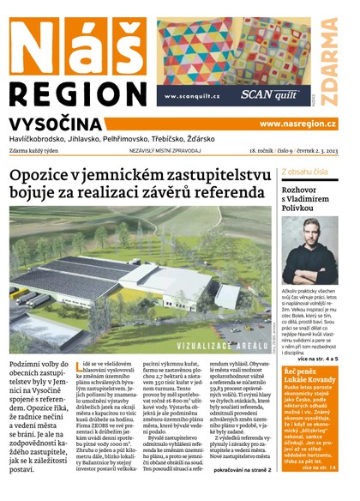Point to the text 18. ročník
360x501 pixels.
(254, 149)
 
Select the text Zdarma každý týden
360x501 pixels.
(39, 149)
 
